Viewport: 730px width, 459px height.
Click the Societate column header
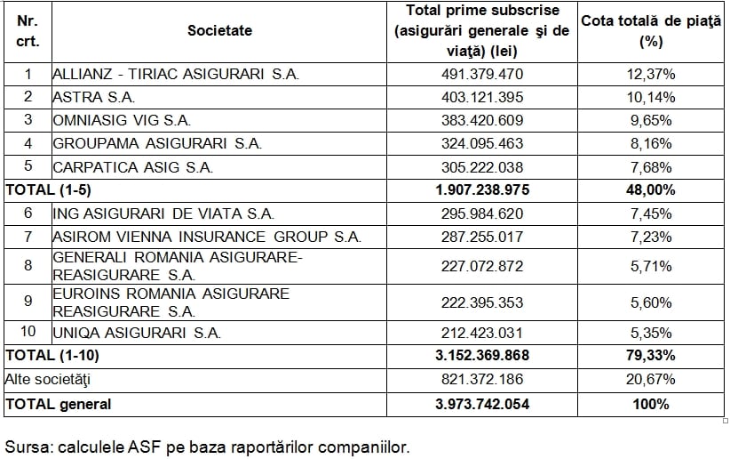tap(219, 31)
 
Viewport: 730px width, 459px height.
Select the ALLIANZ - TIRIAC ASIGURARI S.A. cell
tap(176, 75)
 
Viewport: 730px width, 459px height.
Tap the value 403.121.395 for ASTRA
tap(482, 97)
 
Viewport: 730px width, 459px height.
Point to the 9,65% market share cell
tap(651, 120)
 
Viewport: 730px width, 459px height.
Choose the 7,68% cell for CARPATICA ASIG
tap(651, 166)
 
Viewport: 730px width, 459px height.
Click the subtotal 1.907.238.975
tap(482, 189)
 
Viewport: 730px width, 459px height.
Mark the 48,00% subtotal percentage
tap(651, 189)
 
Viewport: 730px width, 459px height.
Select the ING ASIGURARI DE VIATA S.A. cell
tap(163, 213)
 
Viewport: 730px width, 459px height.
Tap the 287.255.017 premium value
tap(482, 237)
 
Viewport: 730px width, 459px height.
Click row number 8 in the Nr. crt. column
tap(28, 265)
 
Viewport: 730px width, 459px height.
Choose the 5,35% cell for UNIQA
tap(651, 334)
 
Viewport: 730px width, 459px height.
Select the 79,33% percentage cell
tap(651, 356)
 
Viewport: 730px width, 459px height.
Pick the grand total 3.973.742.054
tap(482, 404)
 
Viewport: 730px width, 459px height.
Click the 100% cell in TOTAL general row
tap(651, 404)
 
